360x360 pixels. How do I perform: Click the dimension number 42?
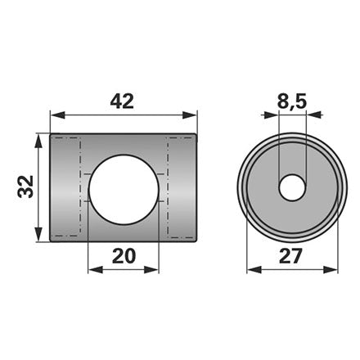tap(122, 101)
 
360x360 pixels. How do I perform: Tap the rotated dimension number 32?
tap(25, 187)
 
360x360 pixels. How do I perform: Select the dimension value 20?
tap(124, 256)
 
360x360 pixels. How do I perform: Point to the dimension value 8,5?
tap(292, 102)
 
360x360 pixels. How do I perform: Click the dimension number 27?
tap(290, 256)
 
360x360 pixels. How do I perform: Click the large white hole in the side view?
tap(124, 190)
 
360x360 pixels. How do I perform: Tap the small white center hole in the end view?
tap(292, 188)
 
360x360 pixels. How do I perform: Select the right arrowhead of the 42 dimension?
tap(189, 115)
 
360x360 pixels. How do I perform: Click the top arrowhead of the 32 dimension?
tap(38, 142)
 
